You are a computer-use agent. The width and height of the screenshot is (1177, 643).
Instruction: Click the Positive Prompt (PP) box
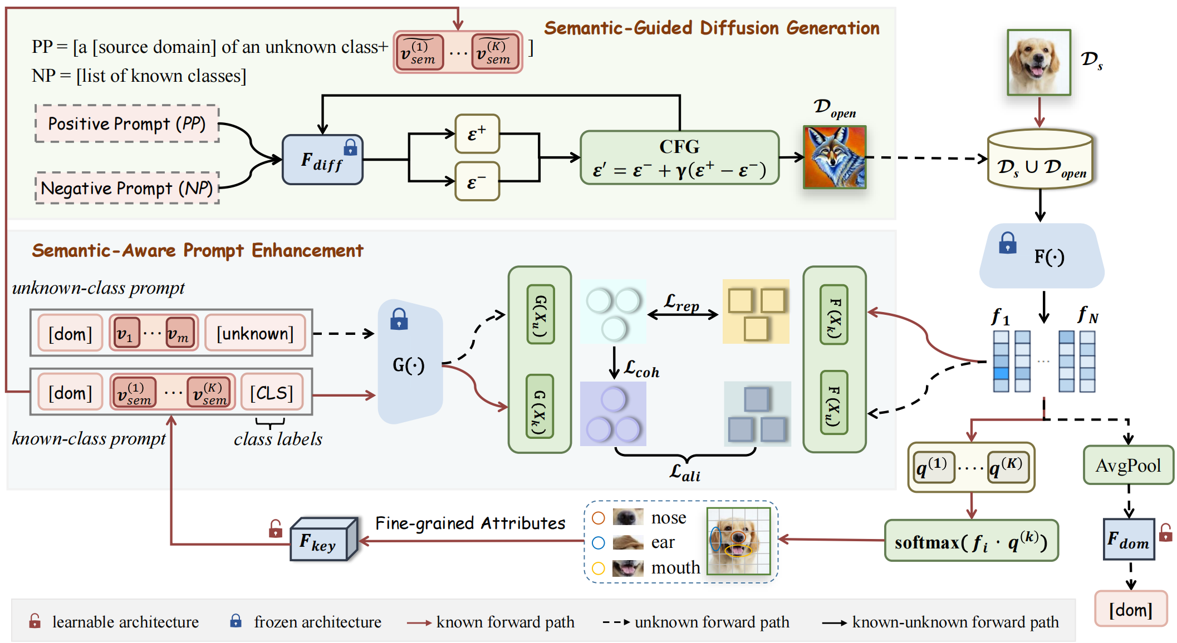coord(127,123)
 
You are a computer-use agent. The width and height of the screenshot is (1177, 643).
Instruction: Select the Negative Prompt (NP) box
coord(127,188)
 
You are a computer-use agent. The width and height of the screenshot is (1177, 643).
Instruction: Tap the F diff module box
coord(322,160)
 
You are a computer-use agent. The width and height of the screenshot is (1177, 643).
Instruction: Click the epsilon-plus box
coord(477,133)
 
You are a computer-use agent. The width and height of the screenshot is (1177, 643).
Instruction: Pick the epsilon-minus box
coord(477,181)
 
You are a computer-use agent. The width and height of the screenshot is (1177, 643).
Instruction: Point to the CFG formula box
coord(679,157)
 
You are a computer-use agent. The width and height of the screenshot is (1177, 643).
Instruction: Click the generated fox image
coord(835,157)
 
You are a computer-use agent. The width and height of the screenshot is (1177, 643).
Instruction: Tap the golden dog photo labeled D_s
coord(1039,62)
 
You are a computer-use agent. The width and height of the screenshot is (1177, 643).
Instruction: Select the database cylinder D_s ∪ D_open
coord(1040,159)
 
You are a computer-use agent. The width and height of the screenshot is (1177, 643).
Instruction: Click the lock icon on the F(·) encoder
coord(1007,243)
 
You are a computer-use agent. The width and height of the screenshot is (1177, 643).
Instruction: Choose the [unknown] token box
coord(255,333)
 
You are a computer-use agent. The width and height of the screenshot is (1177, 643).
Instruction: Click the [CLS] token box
coord(271,393)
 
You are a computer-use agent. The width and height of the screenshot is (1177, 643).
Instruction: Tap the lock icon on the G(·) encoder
coord(399,319)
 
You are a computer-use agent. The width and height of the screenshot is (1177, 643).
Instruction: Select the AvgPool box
coord(1128,465)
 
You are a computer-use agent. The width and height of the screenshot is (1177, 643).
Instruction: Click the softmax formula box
coord(971,541)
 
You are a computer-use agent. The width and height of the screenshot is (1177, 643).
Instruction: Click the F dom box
coord(1129,539)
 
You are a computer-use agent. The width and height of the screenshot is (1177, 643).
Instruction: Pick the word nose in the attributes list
coord(668,517)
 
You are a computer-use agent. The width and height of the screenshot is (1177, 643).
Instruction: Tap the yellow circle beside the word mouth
coord(599,568)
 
